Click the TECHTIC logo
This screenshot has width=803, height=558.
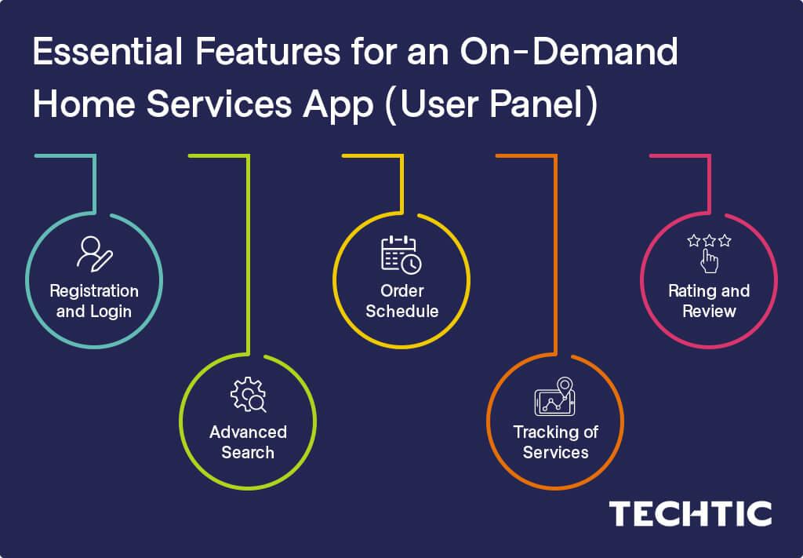[x=690, y=514]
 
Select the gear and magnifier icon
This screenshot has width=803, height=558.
[x=248, y=396]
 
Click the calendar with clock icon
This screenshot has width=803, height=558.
[x=401, y=253]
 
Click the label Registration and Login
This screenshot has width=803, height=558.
[x=94, y=301]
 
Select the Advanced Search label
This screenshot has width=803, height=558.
[x=248, y=442]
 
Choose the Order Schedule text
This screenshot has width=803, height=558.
[x=401, y=301]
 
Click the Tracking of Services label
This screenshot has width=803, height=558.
[x=555, y=442]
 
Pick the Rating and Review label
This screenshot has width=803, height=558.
[x=709, y=301]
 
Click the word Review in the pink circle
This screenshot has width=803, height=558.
[x=709, y=311]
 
